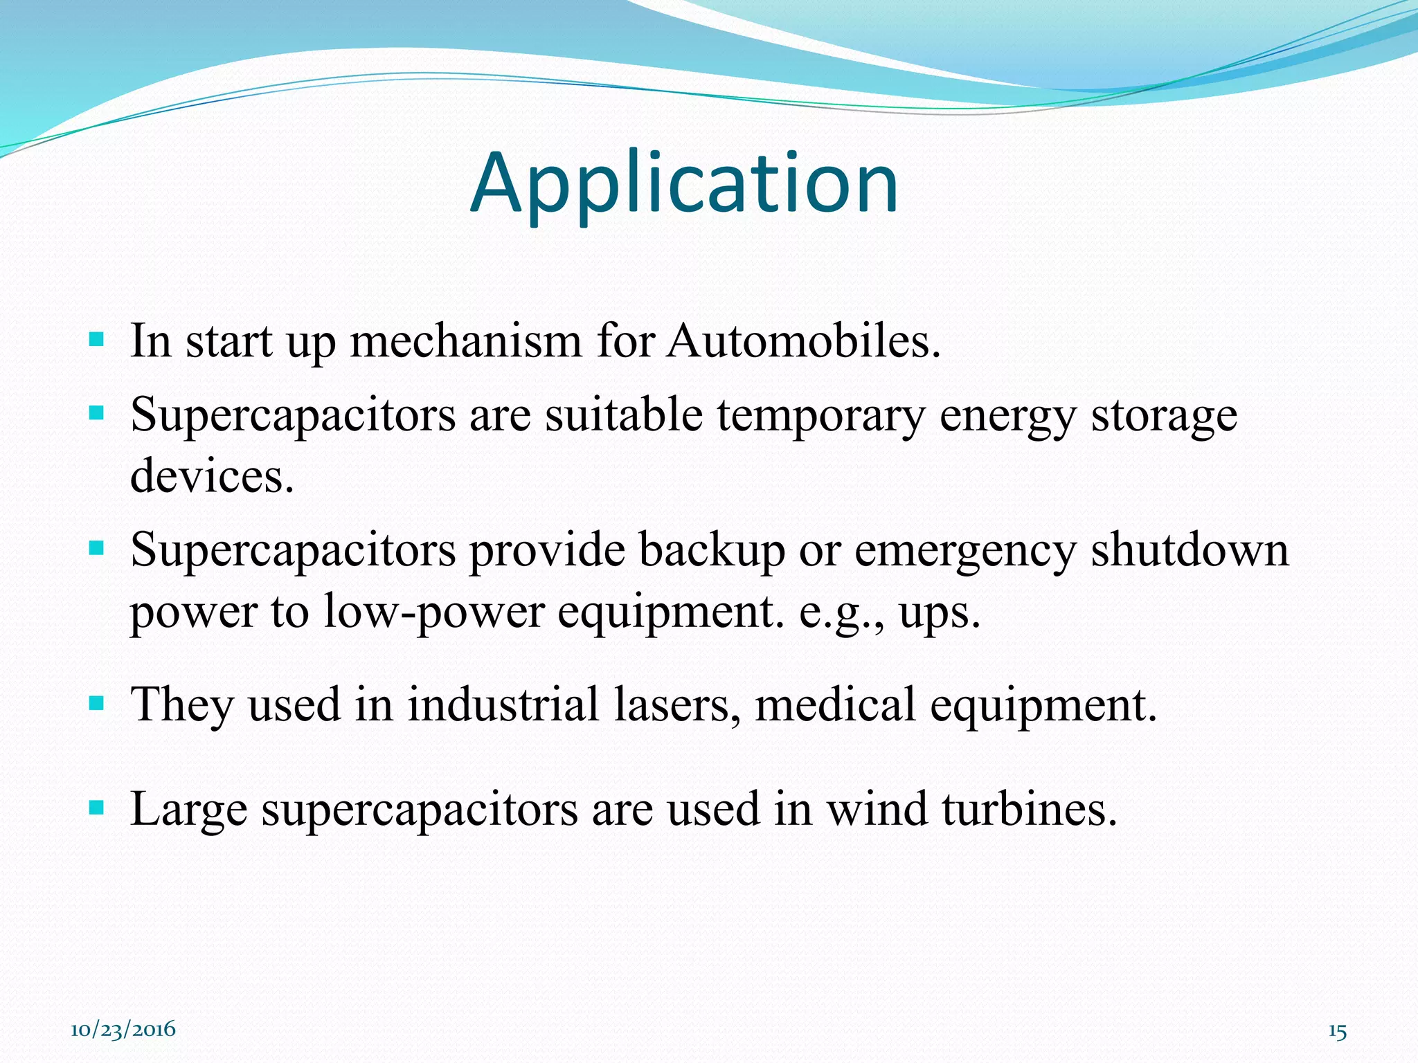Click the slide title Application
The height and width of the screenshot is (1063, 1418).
[x=684, y=184]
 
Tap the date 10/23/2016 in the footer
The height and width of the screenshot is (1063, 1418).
[x=123, y=1030]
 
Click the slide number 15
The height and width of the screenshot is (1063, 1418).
[x=1337, y=1032]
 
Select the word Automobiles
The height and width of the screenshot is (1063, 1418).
[x=803, y=341]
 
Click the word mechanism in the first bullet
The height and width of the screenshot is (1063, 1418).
[x=465, y=341]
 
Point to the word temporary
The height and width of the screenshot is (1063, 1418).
[x=821, y=416]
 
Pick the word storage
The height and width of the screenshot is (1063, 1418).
[x=1164, y=416]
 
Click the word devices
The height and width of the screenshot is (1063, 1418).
[x=212, y=477]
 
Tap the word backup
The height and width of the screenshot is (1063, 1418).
[x=711, y=551]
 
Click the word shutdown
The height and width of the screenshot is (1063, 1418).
[x=1190, y=551]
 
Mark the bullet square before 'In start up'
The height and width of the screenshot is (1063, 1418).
[x=97, y=340]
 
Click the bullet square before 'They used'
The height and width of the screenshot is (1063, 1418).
[x=97, y=704]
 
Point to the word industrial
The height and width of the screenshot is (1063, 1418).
[x=503, y=705]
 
